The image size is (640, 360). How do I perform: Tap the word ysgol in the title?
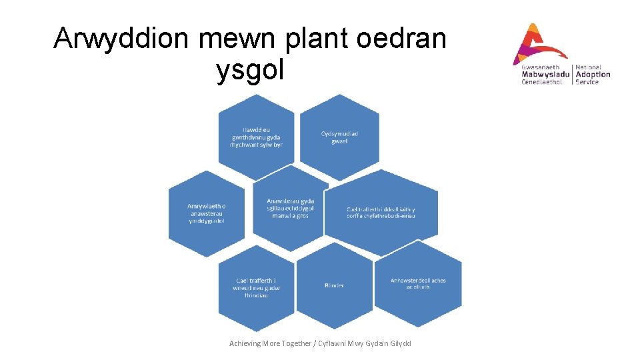pyautogui.click(x=250, y=70)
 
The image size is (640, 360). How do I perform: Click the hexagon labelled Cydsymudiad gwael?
pyautogui.click(x=339, y=137)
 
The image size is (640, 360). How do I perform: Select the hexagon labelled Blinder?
pyautogui.click(x=334, y=285)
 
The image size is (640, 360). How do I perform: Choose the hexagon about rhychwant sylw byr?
pyautogui.click(x=256, y=137)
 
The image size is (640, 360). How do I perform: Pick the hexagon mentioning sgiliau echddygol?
pyautogui.click(x=291, y=209)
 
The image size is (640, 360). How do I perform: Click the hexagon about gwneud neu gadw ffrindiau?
pyautogui.click(x=256, y=288)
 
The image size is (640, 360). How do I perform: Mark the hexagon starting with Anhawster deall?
pyautogui.click(x=418, y=283)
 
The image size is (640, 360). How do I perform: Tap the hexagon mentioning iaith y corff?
pyautogui.click(x=390, y=212)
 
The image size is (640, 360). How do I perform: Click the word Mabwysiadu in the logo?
pyautogui.click(x=545, y=75)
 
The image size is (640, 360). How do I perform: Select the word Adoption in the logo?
pyautogui.click(x=593, y=75)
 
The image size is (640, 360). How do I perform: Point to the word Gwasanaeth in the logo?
pyautogui.click(x=541, y=67)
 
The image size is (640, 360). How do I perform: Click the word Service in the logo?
pyautogui.click(x=587, y=82)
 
